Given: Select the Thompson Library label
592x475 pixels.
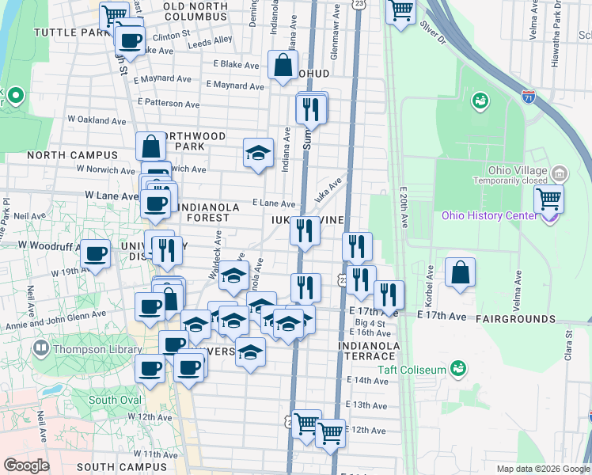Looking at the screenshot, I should click(x=89, y=348).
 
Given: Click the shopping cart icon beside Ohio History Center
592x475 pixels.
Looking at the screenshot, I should click(x=548, y=200).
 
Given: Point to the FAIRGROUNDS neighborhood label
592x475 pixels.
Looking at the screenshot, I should click(x=516, y=318).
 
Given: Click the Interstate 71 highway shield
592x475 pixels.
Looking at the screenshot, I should click(x=529, y=97).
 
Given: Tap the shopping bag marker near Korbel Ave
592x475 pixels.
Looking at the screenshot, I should click(x=460, y=273).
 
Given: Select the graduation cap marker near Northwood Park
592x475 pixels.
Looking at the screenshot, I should click(x=257, y=154).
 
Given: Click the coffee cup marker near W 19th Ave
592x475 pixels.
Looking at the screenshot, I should click(x=96, y=255).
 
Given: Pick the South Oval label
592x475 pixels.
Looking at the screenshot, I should click(x=115, y=400).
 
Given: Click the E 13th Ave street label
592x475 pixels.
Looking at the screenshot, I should click(x=367, y=405).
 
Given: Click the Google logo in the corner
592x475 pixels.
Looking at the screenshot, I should click(x=26, y=465).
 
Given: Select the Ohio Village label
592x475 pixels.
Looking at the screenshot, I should click(x=518, y=171).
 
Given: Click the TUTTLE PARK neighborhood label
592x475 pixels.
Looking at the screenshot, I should click(x=70, y=32).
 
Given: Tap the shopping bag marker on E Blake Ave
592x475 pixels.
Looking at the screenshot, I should click(x=283, y=67).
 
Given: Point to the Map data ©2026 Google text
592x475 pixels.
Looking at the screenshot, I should click(x=542, y=469).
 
